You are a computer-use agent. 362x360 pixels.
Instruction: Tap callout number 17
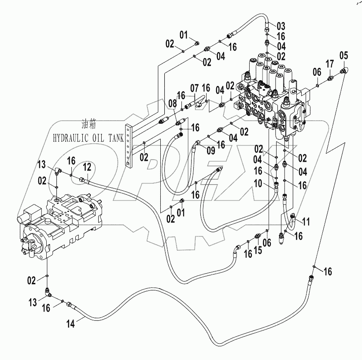pos(330,64)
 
